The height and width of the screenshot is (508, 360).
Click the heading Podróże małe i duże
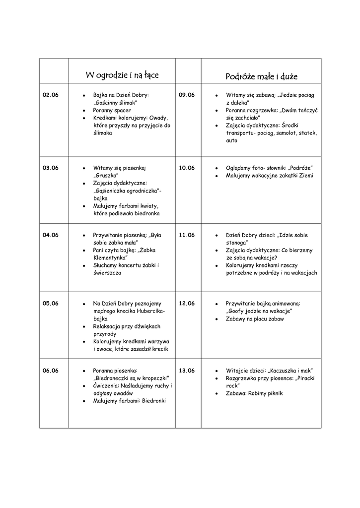click(x=261, y=76)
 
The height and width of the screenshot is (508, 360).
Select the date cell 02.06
click(x=51, y=95)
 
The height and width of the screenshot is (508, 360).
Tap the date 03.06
click(x=51, y=168)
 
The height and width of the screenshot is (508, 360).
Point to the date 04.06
click(x=51, y=235)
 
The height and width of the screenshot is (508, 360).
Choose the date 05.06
click(x=51, y=303)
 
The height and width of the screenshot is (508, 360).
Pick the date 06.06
click(x=51, y=370)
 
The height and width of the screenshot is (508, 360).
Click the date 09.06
click(x=187, y=95)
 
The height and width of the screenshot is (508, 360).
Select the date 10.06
click(x=187, y=168)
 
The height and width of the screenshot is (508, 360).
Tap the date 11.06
click(x=187, y=235)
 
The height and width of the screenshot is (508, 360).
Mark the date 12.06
click(x=187, y=303)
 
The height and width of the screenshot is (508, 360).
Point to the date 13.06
click(x=187, y=370)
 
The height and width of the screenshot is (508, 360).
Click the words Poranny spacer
click(x=112, y=110)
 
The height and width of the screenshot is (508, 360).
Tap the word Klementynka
click(x=110, y=258)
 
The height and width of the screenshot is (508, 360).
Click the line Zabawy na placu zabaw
click(x=255, y=319)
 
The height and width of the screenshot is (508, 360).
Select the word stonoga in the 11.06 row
click(x=235, y=243)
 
